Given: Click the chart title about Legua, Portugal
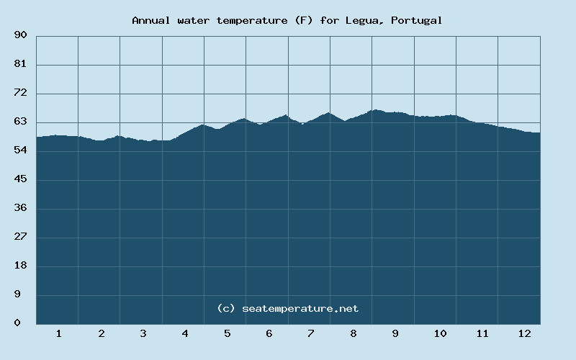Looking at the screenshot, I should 287,20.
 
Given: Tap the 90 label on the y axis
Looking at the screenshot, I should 20,35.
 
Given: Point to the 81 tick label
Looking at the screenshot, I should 20,64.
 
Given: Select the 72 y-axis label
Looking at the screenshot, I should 20,93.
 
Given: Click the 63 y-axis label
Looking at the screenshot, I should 20,122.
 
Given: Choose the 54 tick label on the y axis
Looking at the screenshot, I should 20,150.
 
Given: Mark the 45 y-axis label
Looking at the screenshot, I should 20,179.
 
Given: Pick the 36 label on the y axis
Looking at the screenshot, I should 20,208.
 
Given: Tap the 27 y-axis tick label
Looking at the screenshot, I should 20,237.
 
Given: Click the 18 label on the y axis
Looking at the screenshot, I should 20,266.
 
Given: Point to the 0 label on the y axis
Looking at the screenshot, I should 17,323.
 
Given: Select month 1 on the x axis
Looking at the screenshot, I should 58,333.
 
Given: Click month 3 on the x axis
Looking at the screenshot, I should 143,333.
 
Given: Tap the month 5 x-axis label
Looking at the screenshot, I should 227,333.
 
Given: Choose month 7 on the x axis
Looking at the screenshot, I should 310,333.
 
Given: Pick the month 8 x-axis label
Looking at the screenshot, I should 353,333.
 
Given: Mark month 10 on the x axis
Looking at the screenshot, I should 440,333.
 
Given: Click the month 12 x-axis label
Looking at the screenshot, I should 524,333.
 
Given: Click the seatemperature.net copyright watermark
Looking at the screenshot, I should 287,308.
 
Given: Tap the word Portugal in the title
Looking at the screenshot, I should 417,20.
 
